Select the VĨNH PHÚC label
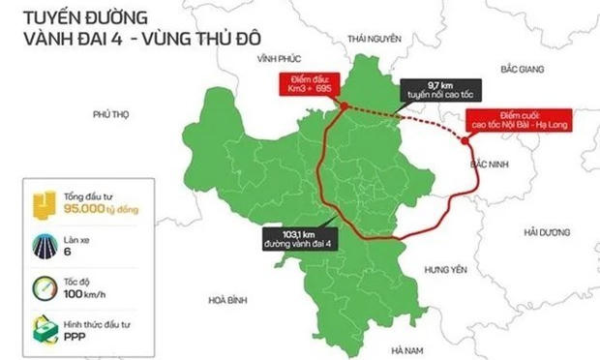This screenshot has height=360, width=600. [x=274, y=58]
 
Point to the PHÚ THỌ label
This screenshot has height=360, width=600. [x=110, y=113]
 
